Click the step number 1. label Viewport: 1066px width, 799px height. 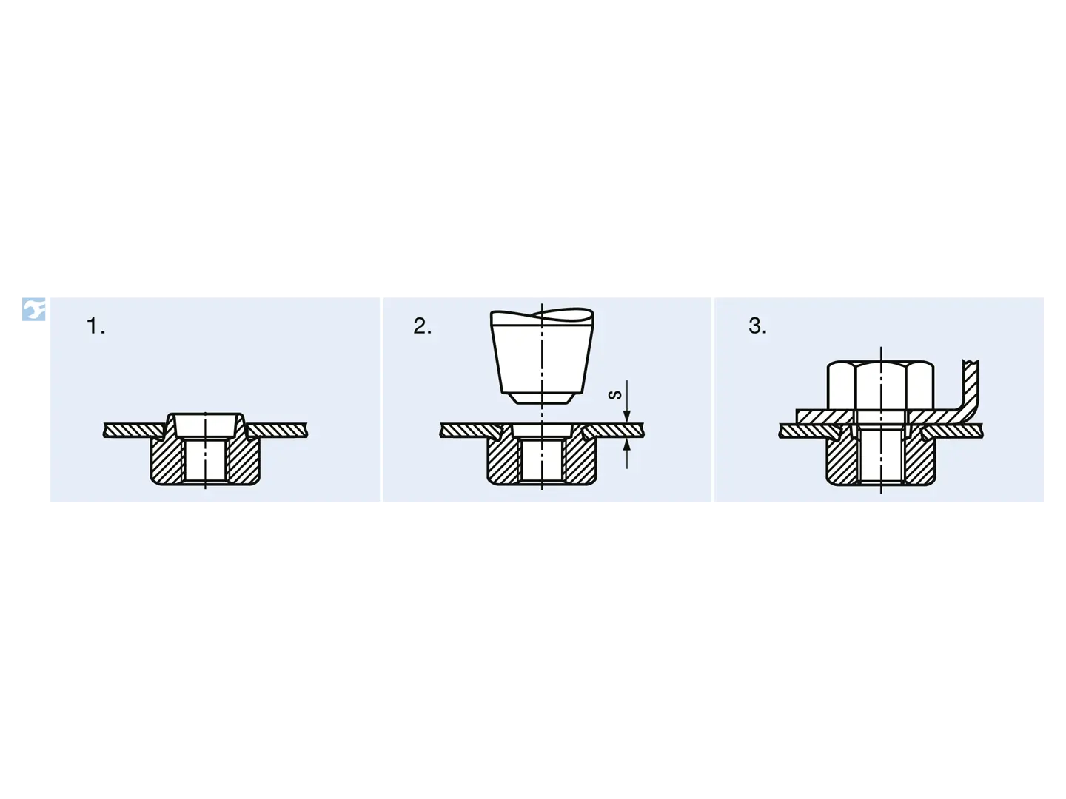click(x=95, y=326)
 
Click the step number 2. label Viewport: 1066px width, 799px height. click(x=422, y=326)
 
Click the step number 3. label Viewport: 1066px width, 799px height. click(x=757, y=326)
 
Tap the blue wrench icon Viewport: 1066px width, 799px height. click(x=34, y=309)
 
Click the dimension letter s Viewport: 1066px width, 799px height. click(x=615, y=395)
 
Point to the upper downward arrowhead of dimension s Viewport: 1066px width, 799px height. click(x=626, y=417)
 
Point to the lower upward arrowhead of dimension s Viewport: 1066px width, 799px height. click(x=626, y=445)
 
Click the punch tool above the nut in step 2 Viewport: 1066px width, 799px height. click(x=542, y=356)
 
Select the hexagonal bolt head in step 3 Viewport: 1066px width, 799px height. click(x=880, y=385)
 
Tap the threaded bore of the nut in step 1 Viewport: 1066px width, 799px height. click(x=206, y=461)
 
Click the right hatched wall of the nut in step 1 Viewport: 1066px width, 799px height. click(x=243, y=461)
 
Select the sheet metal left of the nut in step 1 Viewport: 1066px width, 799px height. click(x=132, y=430)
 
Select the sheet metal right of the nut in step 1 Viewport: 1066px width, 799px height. click(x=277, y=430)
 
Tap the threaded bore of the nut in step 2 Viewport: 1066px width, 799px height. click(x=542, y=461)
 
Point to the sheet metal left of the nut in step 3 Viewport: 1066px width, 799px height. click(x=808, y=431)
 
